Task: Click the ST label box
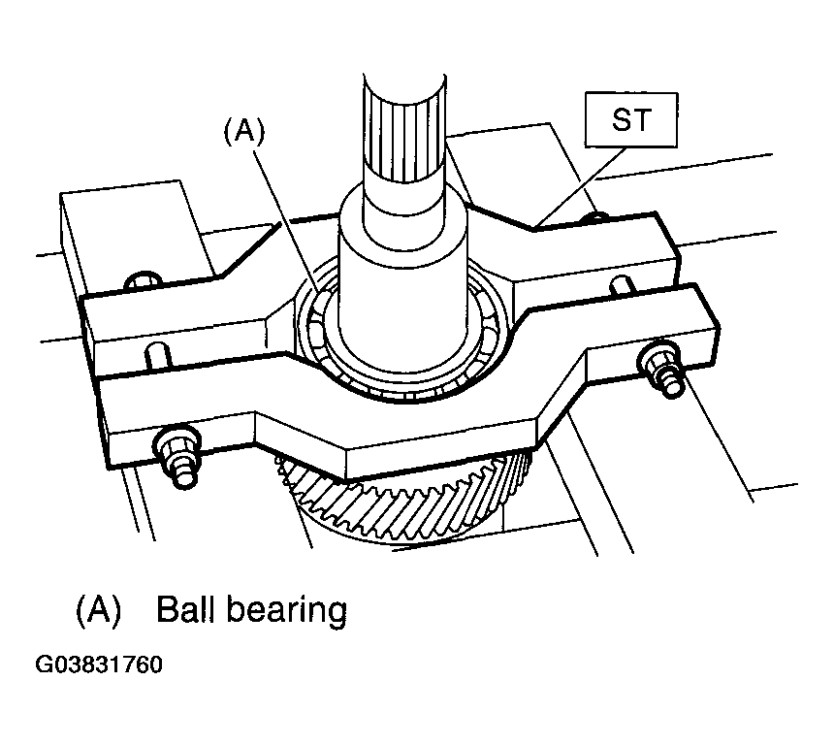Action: [631, 119]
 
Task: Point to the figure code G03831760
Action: [98, 665]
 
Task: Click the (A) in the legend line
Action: [99, 610]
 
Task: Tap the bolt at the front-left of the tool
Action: [178, 455]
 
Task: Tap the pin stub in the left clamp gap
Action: [158, 355]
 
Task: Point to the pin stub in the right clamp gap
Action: [624, 285]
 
